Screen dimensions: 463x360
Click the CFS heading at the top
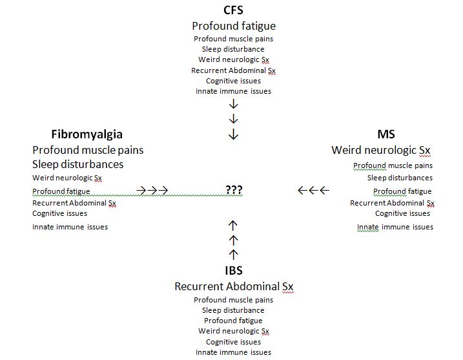click(233, 10)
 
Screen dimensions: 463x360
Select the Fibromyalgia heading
click(87, 134)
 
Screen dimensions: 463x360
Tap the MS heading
click(386, 134)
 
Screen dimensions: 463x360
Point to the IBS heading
click(234, 270)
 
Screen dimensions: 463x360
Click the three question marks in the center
click(234, 189)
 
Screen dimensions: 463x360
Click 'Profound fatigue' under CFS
click(234, 26)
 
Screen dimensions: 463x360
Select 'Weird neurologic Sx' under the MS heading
click(380, 150)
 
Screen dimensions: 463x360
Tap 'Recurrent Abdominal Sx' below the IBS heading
click(234, 286)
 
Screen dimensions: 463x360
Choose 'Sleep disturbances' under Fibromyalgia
click(78, 164)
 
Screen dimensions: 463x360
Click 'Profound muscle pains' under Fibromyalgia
click(88, 150)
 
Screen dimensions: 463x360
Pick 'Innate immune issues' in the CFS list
click(233, 91)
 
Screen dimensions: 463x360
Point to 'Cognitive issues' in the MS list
click(402, 213)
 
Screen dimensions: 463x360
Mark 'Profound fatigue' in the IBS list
click(233, 321)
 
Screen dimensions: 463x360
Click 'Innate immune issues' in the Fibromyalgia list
click(70, 227)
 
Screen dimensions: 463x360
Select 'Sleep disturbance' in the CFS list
click(233, 49)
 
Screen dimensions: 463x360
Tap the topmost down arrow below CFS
click(233, 104)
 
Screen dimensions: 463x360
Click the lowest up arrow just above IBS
click(233, 255)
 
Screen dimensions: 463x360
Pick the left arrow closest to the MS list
click(324, 190)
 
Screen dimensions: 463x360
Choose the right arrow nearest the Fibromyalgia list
click(141, 191)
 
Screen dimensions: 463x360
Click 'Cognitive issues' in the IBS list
click(233, 342)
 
